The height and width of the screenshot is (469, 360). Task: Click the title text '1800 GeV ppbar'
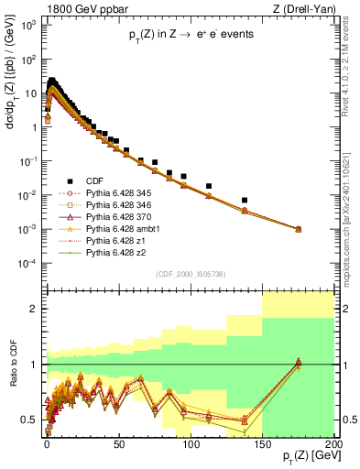pos(72,9)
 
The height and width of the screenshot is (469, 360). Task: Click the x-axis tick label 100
pos(191,442)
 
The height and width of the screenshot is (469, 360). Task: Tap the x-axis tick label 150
pos(263,442)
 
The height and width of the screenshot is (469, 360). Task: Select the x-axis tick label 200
pos(333,442)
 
